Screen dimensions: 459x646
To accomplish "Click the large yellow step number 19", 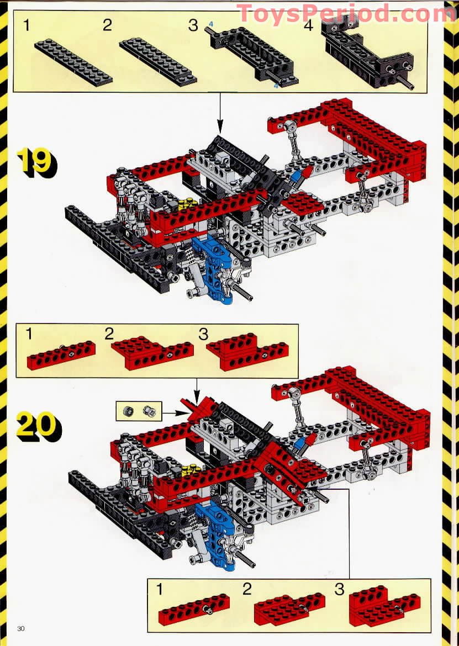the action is pyautogui.click(x=36, y=163).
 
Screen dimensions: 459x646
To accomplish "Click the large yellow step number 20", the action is pyautogui.click(x=38, y=426).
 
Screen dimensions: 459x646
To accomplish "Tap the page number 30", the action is pyautogui.click(x=21, y=628).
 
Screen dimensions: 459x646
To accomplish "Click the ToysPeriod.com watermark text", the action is pyautogui.click(x=346, y=13).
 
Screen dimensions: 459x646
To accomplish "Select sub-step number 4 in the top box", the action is pyautogui.click(x=308, y=25).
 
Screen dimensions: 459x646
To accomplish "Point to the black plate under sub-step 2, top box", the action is pyautogui.click(x=158, y=62).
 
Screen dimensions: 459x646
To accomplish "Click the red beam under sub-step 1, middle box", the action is pyautogui.click(x=61, y=354).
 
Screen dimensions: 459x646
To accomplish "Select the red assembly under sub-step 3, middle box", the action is pyautogui.click(x=247, y=352).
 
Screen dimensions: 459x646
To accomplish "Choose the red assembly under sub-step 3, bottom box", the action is pyautogui.click(x=384, y=606).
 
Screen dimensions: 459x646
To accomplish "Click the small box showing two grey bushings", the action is pyautogui.click(x=139, y=411).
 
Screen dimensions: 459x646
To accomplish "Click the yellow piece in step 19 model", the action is pyautogui.click(x=186, y=203).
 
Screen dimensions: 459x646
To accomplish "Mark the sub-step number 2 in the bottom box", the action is pyautogui.click(x=247, y=589).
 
